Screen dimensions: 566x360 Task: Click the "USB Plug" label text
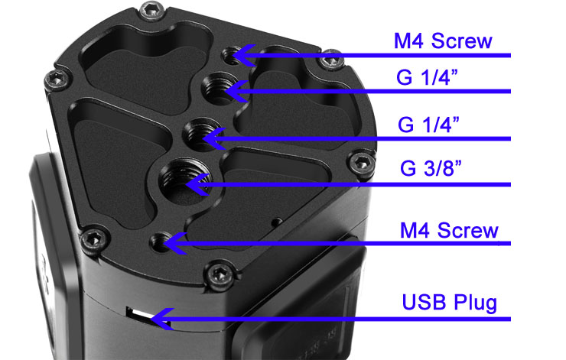[450, 302]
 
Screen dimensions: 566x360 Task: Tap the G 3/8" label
[431, 167]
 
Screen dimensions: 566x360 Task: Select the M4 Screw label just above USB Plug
[449, 230]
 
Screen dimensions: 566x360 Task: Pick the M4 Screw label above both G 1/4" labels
[443, 41]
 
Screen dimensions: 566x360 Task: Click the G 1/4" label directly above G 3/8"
[428, 125]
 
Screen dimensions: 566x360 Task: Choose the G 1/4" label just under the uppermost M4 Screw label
[427, 77]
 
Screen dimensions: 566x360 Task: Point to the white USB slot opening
[140, 313]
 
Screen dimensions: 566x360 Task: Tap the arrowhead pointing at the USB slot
[162, 319]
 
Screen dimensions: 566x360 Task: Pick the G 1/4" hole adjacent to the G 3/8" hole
[200, 135]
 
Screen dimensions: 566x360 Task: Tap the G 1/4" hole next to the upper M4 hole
[219, 89]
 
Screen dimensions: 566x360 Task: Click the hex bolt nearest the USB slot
[220, 275]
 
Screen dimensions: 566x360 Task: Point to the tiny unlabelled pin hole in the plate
[277, 222]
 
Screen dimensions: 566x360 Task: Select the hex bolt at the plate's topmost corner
[152, 11]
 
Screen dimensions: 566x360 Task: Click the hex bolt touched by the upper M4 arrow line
[331, 60]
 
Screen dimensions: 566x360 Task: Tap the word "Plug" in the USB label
[476, 303]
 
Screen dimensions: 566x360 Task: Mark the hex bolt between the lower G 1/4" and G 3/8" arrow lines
[362, 163]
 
